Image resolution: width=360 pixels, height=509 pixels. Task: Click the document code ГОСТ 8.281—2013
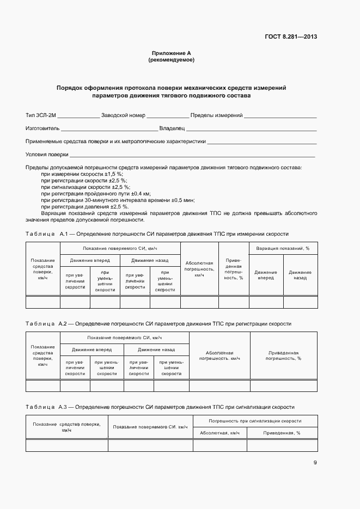click(x=291, y=37)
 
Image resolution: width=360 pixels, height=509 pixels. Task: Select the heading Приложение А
click(x=171, y=53)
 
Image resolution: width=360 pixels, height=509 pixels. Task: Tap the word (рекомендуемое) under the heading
click(x=171, y=60)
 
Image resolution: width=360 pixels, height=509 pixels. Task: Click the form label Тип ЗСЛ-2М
click(x=41, y=115)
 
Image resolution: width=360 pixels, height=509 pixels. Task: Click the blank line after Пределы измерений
click(x=280, y=116)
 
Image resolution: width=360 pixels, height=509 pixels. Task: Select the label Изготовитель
click(x=42, y=128)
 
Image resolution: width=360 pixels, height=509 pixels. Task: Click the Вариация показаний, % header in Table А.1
click(x=283, y=248)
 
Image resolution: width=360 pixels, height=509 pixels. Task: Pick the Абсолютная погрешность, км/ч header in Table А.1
click(x=199, y=269)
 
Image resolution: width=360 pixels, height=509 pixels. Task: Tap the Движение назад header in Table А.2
click(x=156, y=349)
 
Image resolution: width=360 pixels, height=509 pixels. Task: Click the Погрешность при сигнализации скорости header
click(x=255, y=421)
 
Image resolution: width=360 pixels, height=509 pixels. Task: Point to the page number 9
click(x=315, y=463)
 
